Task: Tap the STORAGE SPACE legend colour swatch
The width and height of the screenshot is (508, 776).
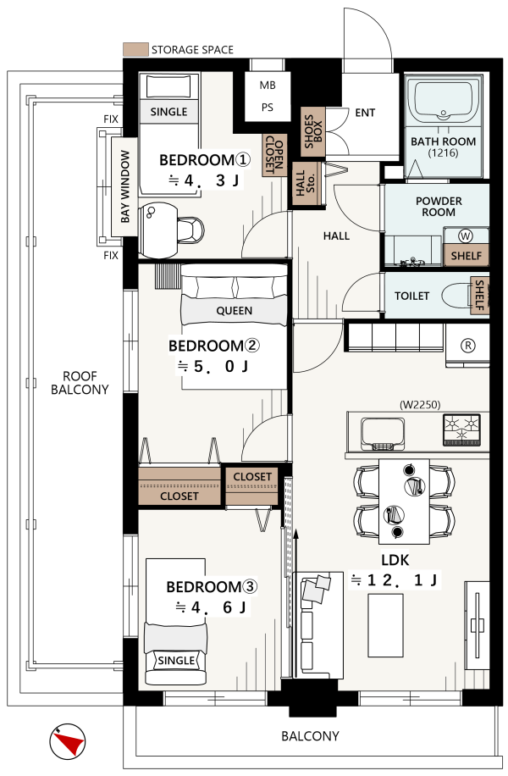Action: (x=135, y=49)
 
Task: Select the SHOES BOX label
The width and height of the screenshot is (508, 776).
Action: (x=313, y=131)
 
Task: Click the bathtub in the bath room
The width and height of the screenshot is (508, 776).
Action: (x=443, y=101)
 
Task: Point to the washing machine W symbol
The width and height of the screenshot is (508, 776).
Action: (x=466, y=236)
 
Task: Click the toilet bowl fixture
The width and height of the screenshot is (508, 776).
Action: (x=456, y=296)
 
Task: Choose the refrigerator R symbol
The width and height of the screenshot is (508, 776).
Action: (x=467, y=346)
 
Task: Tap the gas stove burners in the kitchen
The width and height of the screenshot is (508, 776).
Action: (x=461, y=428)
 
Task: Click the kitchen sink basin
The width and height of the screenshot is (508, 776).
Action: (x=383, y=432)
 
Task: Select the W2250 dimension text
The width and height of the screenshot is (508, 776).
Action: (x=419, y=404)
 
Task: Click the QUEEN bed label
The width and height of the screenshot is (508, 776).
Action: (x=234, y=311)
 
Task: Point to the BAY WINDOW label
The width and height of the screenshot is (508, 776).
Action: (x=124, y=187)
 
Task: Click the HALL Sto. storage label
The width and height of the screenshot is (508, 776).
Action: (x=305, y=183)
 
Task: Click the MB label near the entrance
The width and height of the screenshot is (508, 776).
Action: (x=267, y=85)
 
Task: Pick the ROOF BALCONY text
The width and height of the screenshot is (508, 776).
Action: (x=80, y=383)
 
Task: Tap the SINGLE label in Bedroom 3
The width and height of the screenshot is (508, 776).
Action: (x=176, y=660)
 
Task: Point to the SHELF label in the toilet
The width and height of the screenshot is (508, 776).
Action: (x=479, y=295)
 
